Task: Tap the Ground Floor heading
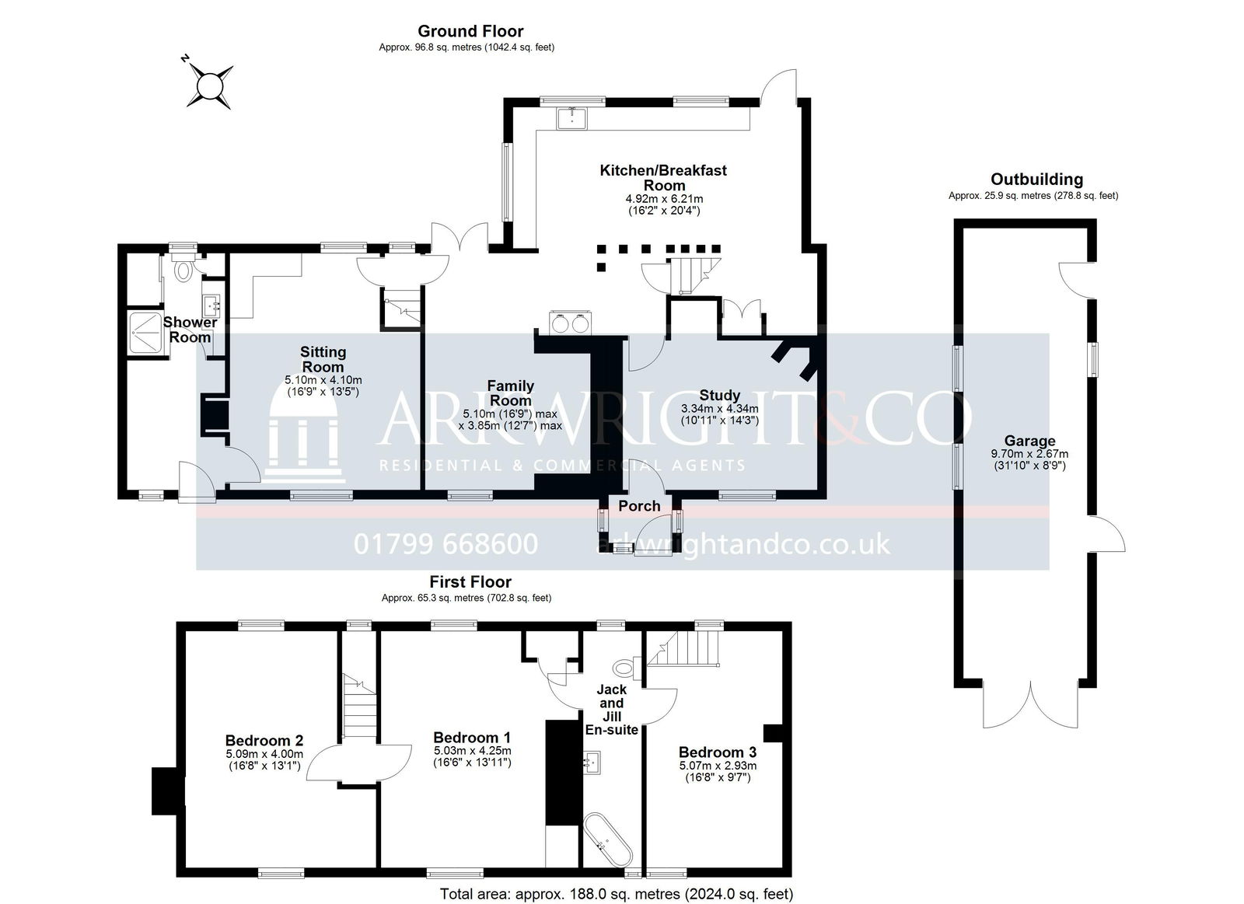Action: pyautogui.click(x=470, y=31)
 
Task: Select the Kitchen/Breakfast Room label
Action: pyautogui.click(x=663, y=177)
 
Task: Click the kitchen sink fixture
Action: pyautogui.click(x=572, y=117)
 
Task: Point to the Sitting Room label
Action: pyautogui.click(x=323, y=359)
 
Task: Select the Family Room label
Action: pyautogui.click(x=510, y=393)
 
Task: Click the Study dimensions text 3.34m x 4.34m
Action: pyautogui.click(x=719, y=408)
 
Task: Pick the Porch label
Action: pyautogui.click(x=639, y=506)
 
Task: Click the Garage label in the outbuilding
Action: pyautogui.click(x=1029, y=441)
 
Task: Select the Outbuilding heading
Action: pyautogui.click(x=1036, y=180)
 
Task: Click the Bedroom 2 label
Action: pyautogui.click(x=264, y=741)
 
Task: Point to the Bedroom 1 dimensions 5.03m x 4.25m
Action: pyautogui.click(x=472, y=751)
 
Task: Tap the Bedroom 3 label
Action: pyautogui.click(x=717, y=752)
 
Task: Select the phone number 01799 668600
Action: pyautogui.click(x=446, y=543)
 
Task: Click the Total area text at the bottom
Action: pyautogui.click(x=617, y=894)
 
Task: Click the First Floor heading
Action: pyautogui.click(x=470, y=581)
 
